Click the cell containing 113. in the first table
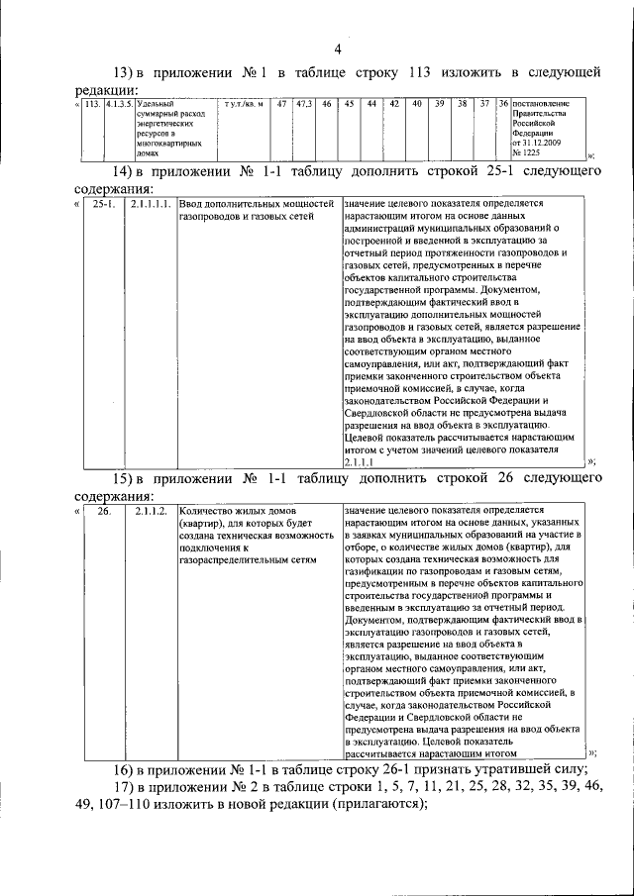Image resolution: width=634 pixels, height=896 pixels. (x=93, y=103)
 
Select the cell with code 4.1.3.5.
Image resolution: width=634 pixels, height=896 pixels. (x=120, y=103)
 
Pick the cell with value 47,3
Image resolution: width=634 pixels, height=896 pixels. (x=303, y=103)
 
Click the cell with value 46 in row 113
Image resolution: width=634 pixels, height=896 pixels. (x=326, y=103)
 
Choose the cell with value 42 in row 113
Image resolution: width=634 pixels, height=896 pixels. (x=394, y=103)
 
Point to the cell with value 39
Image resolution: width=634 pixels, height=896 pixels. (x=439, y=103)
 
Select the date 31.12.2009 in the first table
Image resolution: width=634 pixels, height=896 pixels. (x=544, y=143)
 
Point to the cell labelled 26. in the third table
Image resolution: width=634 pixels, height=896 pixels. (x=103, y=512)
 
